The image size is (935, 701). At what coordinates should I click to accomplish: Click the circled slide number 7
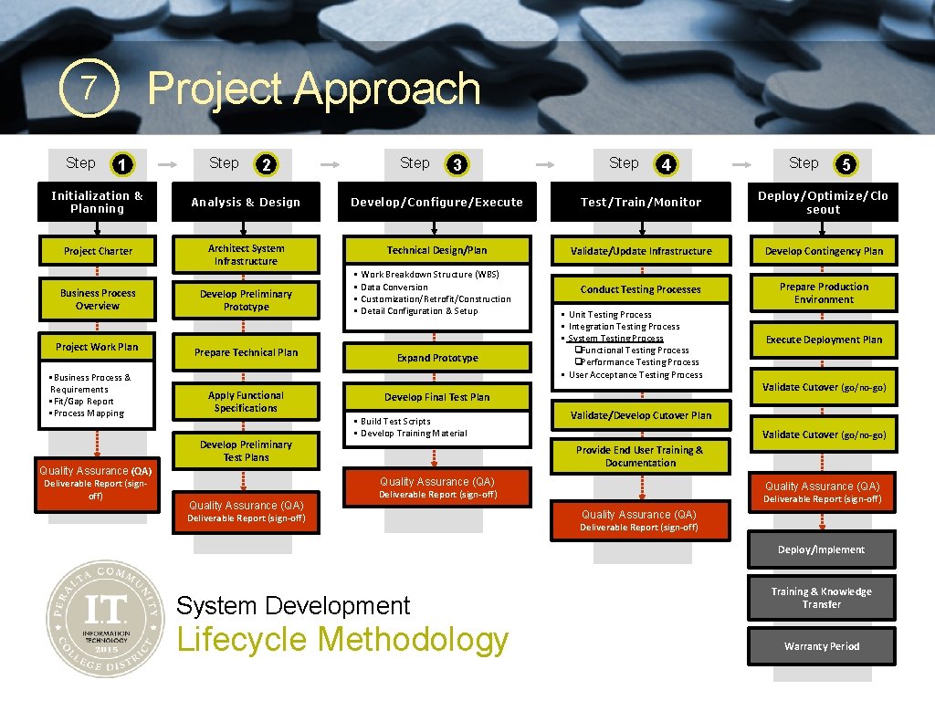point(89,89)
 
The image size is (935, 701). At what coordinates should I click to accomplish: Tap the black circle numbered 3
point(457,164)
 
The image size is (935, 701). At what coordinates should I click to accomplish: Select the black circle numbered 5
point(846,164)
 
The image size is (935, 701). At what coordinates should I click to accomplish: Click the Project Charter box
point(98,251)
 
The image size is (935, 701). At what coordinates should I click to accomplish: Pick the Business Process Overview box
point(98,299)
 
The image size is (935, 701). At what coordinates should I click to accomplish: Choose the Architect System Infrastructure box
point(246,255)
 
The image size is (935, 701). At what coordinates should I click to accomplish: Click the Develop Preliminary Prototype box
point(246,300)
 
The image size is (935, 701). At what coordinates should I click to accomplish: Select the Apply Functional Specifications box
point(246,402)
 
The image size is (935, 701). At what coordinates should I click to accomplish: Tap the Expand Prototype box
point(437,358)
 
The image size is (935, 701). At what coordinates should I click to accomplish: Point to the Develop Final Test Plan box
point(437,397)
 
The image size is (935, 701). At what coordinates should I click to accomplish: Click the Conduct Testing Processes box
point(640,289)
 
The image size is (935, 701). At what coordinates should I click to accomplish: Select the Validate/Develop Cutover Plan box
point(640,415)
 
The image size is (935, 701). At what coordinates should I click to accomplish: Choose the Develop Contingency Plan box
point(824,251)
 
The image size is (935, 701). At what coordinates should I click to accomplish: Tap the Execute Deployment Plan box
point(824,340)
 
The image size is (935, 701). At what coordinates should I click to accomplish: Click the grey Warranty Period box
point(822,646)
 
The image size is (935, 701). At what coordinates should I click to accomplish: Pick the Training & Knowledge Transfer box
point(822,598)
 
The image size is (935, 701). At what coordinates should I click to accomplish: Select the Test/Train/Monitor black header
point(640,202)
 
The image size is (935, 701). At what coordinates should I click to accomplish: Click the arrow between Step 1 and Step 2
point(169,164)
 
